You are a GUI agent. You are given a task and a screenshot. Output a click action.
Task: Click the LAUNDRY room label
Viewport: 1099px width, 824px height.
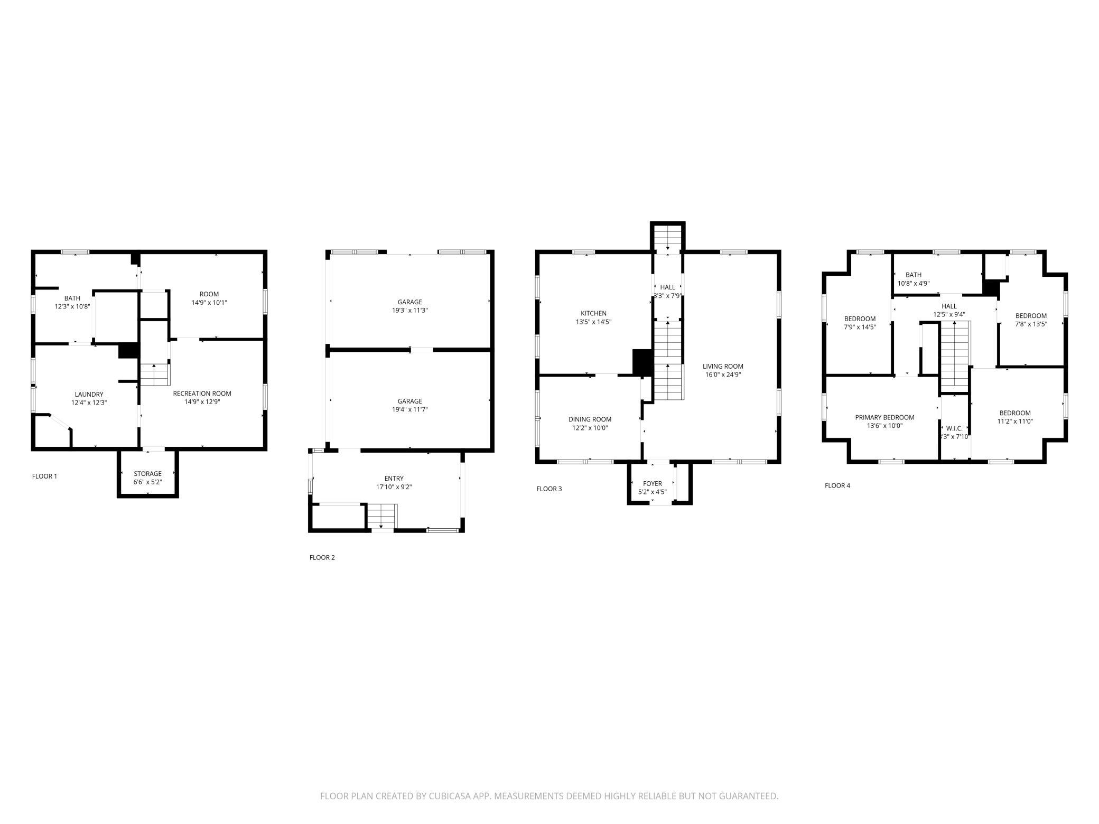89,394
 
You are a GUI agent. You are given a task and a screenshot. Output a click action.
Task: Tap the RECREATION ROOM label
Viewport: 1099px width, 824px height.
202,394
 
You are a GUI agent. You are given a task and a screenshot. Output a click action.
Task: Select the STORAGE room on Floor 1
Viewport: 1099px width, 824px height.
147,474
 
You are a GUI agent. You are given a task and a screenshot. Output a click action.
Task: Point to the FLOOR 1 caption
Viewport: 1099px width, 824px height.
44,476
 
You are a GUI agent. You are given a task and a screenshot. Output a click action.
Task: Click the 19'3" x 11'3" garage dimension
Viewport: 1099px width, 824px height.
409,311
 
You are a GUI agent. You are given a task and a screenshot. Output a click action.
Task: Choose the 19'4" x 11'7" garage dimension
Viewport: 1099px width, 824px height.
409,409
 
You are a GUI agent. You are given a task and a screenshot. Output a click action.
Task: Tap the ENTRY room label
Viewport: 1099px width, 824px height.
394,479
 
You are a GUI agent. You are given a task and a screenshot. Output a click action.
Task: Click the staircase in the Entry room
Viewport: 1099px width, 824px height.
381,516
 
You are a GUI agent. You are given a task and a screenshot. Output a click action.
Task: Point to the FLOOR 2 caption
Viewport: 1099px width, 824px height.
322,558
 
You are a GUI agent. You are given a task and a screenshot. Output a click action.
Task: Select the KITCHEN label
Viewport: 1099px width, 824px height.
593,313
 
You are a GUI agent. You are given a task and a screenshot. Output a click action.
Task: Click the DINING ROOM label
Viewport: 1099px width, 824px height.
590,419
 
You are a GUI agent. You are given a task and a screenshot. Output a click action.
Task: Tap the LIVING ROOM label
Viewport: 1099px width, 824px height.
723,366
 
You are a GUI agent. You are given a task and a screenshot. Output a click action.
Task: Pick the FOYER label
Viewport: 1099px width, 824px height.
653,483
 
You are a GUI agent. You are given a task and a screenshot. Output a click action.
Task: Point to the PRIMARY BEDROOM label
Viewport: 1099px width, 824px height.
884,417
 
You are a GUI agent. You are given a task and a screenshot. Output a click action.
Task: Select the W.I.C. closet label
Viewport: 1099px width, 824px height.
954,428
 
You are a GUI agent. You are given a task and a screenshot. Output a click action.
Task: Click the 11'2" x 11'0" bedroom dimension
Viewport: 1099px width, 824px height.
1014,422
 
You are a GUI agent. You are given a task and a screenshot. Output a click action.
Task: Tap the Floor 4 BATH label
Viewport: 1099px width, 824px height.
914,275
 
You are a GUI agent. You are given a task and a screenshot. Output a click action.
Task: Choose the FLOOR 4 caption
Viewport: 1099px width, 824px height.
837,486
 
